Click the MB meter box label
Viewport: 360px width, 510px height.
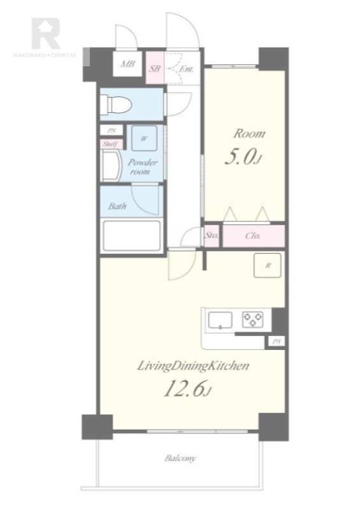point(127,64)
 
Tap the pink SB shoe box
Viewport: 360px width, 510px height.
point(155,68)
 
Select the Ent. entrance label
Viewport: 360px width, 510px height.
point(186,69)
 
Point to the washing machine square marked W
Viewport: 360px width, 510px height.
point(144,138)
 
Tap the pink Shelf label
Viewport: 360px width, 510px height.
point(111,144)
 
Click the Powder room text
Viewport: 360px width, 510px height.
point(142,166)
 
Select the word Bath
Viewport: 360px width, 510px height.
point(117,206)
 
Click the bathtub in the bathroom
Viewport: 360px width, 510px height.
point(132,236)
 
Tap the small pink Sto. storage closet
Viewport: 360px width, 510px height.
point(212,235)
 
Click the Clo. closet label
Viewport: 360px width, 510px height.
point(253,235)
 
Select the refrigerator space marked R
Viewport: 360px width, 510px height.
point(268,265)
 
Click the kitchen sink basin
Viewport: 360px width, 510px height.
point(220,320)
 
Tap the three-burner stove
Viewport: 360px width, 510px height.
point(253,319)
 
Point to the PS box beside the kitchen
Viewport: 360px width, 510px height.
point(277,342)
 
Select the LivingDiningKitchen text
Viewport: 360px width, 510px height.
point(193,366)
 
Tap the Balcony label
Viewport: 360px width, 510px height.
point(180,458)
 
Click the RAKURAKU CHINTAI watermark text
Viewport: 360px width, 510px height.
point(45,55)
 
